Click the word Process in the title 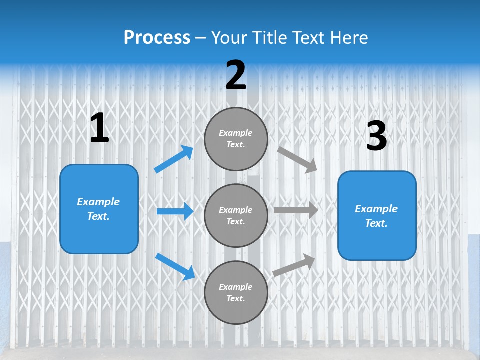(x=157, y=38)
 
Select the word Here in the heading (x=348, y=38)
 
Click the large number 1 (x=99, y=128)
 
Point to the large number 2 (x=236, y=75)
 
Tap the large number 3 (x=376, y=136)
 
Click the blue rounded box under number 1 (x=99, y=209)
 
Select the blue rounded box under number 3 (x=377, y=216)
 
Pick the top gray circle (x=236, y=139)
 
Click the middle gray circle (x=236, y=215)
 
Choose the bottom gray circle (x=236, y=292)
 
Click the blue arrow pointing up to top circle (x=174, y=159)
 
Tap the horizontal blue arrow (x=175, y=211)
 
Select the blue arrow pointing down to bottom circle (x=175, y=266)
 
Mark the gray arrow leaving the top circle (x=297, y=159)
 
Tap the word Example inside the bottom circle (x=236, y=287)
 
